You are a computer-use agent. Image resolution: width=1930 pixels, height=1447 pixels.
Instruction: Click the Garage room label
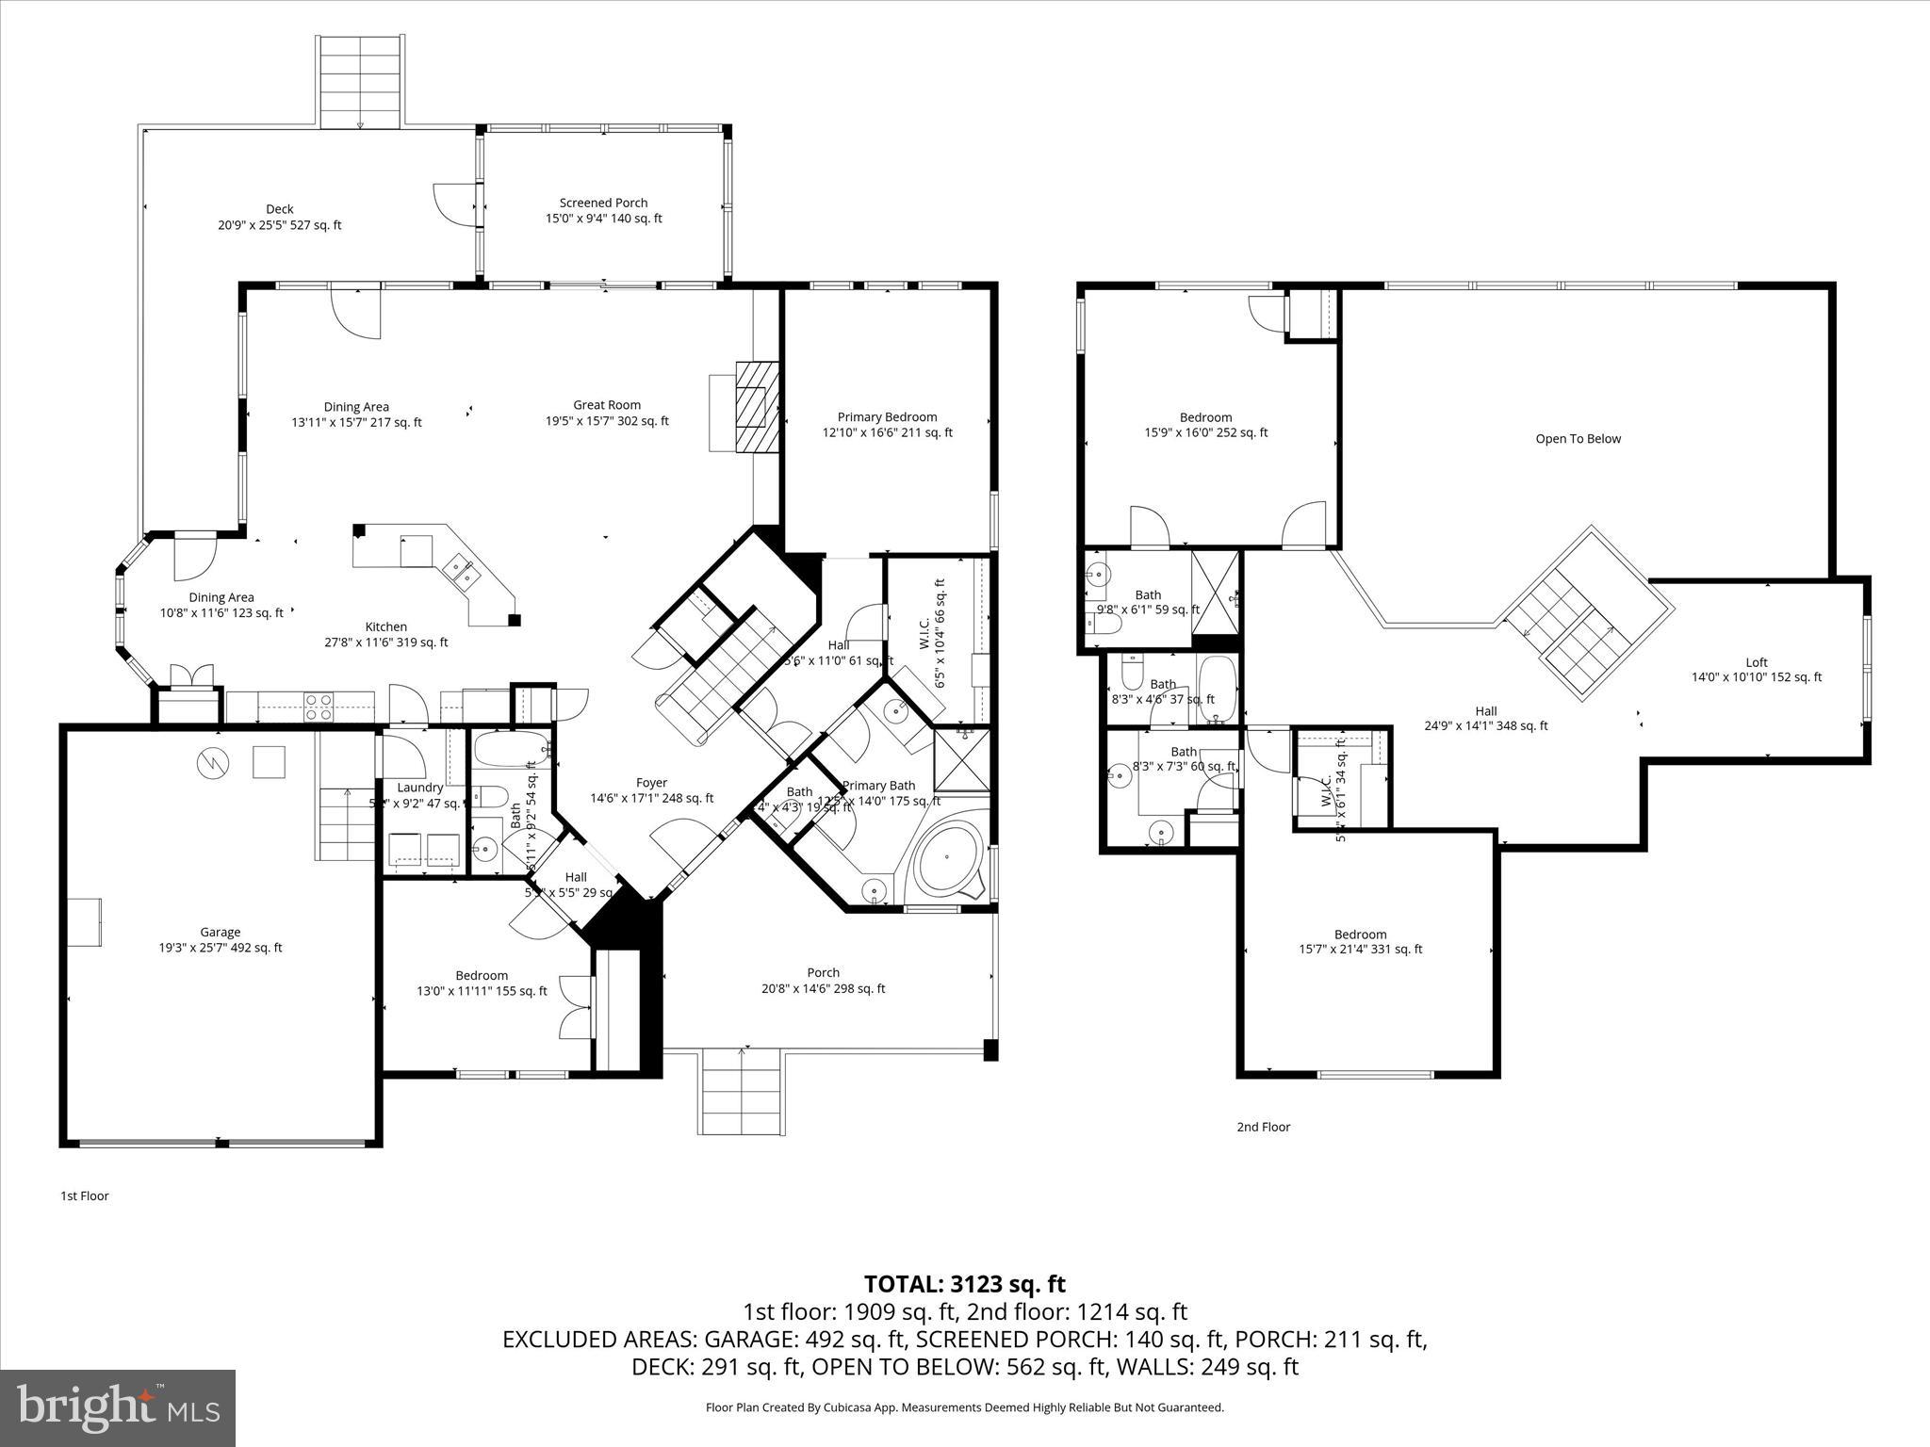pyautogui.click(x=220, y=933)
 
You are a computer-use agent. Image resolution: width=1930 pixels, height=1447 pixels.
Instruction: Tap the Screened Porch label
pyautogui.click(x=603, y=203)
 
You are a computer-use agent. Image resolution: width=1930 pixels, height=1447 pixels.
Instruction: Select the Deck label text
pyautogui.click(x=279, y=209)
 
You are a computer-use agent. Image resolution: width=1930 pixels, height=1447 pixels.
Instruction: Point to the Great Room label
pyautogui.click(x=607, y=405)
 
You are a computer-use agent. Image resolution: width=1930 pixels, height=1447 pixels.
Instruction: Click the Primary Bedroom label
pyautogui.click(x=887, y=416)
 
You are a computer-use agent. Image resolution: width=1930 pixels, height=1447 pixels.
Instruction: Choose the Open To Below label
pyautogui.click(x=1578, y=438)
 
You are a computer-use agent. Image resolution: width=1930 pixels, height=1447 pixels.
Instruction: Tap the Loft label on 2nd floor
pyautogui.click(x=1756, y=662)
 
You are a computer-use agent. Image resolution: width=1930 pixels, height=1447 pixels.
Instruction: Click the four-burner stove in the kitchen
pyautogui.click(x=319, y=706)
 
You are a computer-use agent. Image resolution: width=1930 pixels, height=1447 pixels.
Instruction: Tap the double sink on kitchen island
pyautogui.click(x=462, y=569)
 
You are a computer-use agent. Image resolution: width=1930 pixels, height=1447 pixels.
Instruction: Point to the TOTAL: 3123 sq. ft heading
pyautogui.click(x=964, y=1284)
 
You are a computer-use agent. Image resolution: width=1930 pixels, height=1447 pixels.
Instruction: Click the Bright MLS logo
pyautogui.click(x=118, y=1407)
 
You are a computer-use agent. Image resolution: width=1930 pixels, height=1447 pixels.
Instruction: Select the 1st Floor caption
pyautogui.click(x=85, y=1195)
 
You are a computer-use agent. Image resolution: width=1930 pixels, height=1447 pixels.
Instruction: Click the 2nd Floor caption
pyautogui.click(x=1263, y=1127)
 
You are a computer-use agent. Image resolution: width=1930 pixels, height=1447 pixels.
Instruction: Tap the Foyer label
pyautogui.click(x=651, y=783)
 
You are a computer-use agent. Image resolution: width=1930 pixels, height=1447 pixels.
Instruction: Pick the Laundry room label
pyautogui.click(x=419, y=788)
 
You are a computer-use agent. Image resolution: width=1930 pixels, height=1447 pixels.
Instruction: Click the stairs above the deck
pyautogui.click(x=361, y=82)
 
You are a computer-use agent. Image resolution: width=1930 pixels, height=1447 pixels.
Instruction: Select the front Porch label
pyautogui.click(x=823, y=972)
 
